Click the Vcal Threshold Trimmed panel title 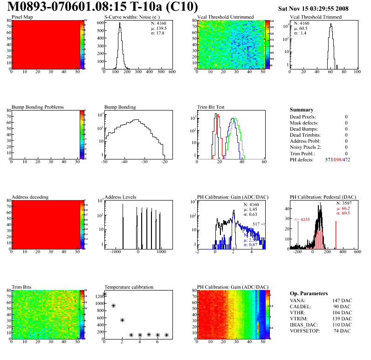click(x=316, y=17)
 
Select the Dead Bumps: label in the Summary click(x=303, y=129)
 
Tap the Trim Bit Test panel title click(x=211, y=107)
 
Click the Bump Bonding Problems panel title click(x=38, y=107)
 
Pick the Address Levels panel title click(x=120, y=197)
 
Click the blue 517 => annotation click(x=259, y=224)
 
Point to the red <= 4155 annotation click(x=302, y=219)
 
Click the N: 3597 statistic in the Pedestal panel click(x=345, y=203)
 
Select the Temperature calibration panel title click(x=129, y=287)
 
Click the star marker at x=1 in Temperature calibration click(x=113, y=305)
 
